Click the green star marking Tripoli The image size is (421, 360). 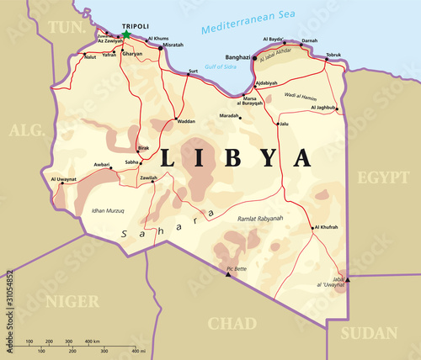click(x=128, y=35)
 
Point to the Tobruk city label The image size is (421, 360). click(x=334, y=55)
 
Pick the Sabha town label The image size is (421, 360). click(x=131, y=162)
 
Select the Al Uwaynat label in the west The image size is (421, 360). click(x=63, y=179)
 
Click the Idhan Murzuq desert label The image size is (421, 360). click(x=109, y=210)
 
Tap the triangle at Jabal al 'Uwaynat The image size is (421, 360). click(x=348, y=281)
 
